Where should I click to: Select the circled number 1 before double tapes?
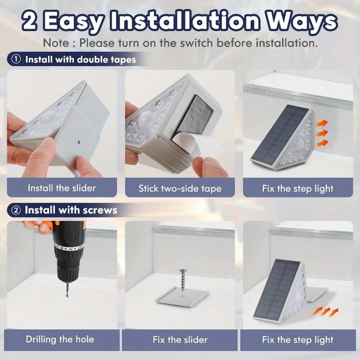pos(16,59)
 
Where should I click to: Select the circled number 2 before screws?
pos(16,210)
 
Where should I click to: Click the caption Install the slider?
pos(62,188)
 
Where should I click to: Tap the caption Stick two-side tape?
pos(180,189)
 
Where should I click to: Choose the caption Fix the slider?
pos(180,339)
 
